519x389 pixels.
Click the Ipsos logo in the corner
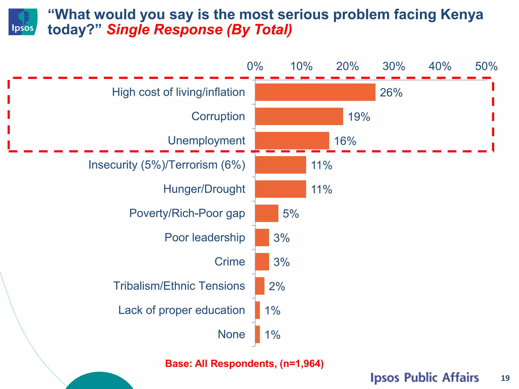click(x=23, y=22)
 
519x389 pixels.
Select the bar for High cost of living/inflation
click(x=315, y=92)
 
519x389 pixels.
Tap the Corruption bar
click(x=299, y=116)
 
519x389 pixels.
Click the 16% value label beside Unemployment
click(x=345, y=141)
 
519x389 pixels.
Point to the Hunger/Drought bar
click(x=281, y=189)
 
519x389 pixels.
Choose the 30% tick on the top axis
click(x=394, y=67)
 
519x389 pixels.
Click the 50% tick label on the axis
click(x=486, y=67)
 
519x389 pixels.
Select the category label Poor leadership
click(x=205, y=238)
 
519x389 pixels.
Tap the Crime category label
click(x=230, y=262)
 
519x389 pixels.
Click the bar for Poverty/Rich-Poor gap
click(x=267, y=213)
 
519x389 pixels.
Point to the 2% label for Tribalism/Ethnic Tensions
click(x=277, y=286)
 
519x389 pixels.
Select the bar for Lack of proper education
click(x=257, y=310)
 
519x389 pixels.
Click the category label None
click(x=231, y=334)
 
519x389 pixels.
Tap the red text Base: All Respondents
click(x=244, y=363)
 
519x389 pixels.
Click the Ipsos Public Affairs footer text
click(x=424, y=378)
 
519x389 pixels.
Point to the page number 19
click(x=505, y=378)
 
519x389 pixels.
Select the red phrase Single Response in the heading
click(x=164, y=30)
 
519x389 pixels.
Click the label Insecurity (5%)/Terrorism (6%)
click(x=167, y=165)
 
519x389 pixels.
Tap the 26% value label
click(x=391, y=93)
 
